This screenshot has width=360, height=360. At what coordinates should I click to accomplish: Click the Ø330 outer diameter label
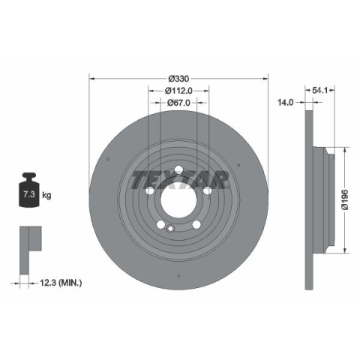coord(178,79)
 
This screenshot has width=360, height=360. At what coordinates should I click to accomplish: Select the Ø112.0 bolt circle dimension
coord(178,91)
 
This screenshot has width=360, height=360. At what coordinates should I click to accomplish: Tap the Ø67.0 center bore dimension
coord(178,103)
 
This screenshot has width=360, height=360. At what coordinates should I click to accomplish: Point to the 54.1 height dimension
coord(319,91)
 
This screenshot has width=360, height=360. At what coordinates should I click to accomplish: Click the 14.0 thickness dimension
coord(286,102)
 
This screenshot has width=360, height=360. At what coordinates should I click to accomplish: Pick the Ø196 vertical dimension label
coord(345,199)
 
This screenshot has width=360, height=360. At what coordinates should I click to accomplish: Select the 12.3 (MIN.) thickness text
coord(61,283)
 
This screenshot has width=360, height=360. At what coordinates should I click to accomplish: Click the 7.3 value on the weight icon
coord(28,194)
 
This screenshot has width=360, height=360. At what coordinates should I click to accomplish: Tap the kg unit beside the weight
coord(46,195)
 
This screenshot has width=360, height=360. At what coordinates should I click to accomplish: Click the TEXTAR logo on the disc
coord(180,180)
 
